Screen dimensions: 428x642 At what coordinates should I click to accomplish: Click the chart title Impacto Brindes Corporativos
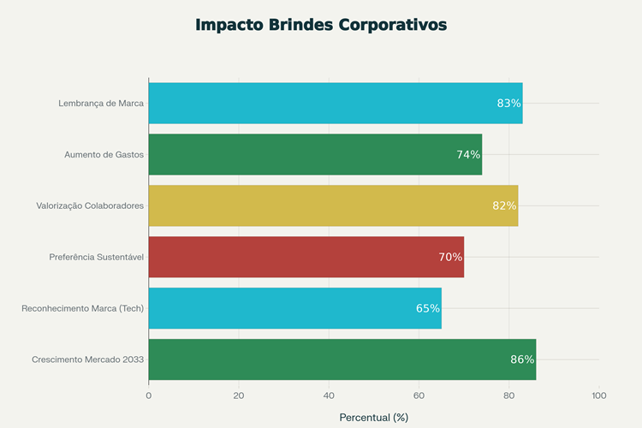321,25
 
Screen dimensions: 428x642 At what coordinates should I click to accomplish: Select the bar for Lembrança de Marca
335,104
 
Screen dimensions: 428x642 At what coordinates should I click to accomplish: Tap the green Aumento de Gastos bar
315,155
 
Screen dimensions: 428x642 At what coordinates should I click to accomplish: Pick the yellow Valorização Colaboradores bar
333,205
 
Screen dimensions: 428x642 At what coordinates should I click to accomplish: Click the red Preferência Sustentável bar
306,257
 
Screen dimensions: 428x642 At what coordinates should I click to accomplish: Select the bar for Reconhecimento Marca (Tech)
294,308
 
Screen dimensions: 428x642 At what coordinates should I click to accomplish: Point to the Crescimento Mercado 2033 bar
342,360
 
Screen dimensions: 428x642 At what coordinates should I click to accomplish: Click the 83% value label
508,104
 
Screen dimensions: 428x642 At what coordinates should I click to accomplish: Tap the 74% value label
468,155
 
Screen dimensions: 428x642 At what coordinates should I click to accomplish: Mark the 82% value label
504,205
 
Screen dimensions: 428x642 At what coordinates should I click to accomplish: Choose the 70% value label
450,257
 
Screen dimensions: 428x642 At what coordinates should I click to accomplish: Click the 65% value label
428,308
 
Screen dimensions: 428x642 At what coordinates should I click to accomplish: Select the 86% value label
522,360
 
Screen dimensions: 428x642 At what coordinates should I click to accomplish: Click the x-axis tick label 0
149,395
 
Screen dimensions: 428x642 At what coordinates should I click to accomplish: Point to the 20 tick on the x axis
239,395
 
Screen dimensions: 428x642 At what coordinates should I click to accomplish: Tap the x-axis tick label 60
419,395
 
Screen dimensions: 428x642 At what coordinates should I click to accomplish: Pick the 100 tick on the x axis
598,395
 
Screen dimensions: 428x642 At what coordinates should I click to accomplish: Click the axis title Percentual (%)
374,418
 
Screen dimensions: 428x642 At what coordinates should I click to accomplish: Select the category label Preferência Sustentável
96,257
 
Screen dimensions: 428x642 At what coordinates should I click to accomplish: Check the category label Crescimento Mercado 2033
88,360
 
